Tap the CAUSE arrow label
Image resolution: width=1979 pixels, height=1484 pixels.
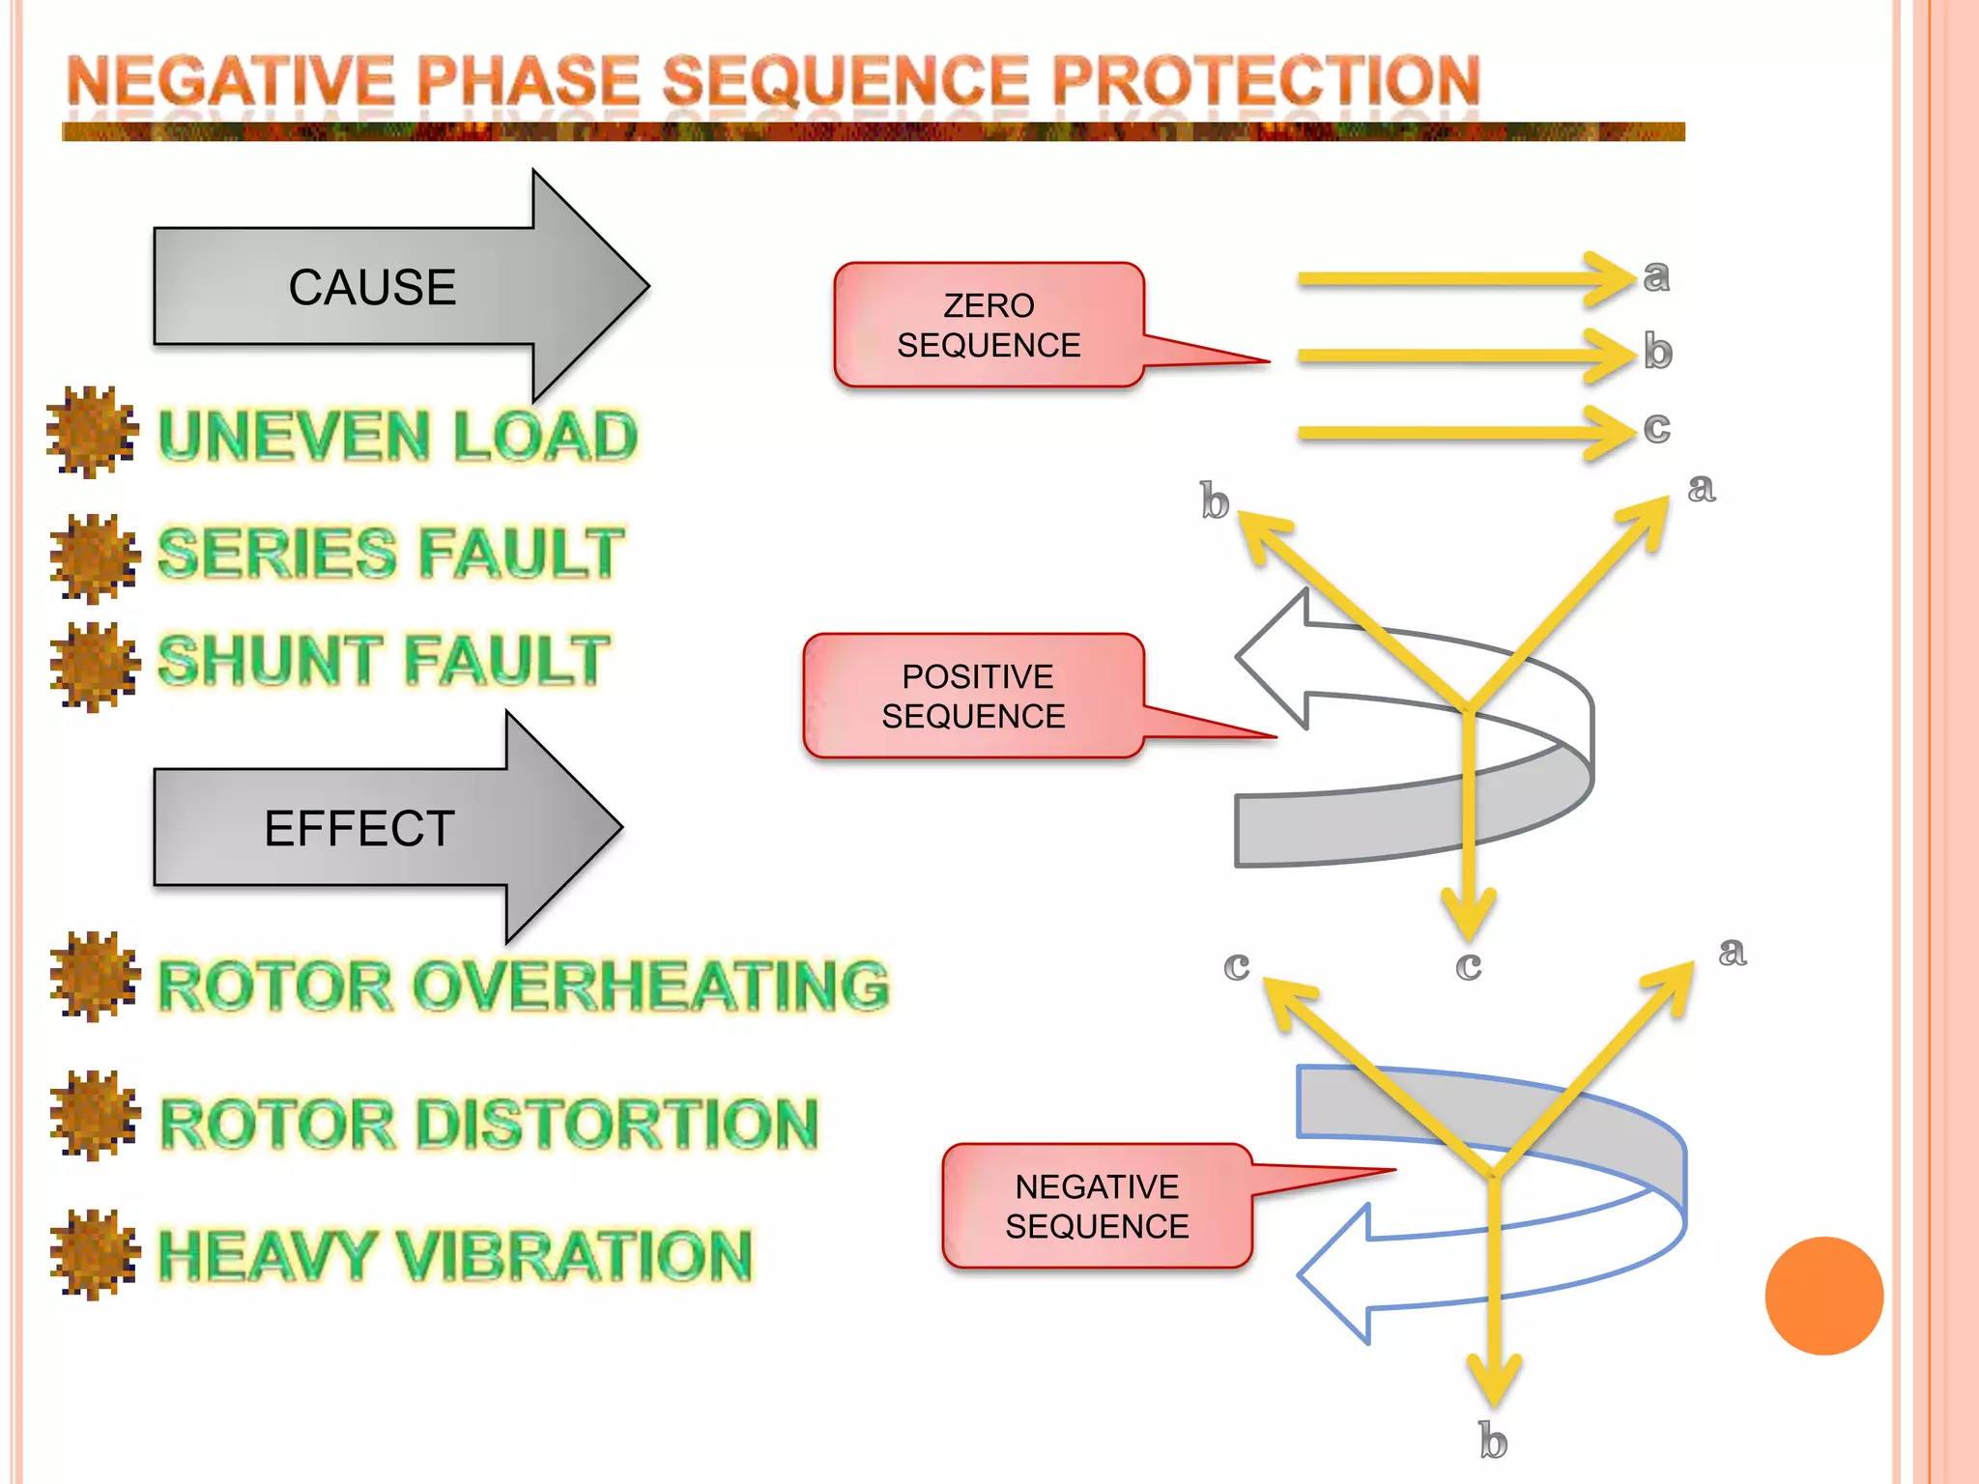[372, 287]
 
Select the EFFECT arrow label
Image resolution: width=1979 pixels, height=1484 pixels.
[359, 828]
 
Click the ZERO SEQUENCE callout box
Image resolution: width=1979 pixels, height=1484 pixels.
[989, 326]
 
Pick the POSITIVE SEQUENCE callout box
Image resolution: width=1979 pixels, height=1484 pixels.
[973, 696]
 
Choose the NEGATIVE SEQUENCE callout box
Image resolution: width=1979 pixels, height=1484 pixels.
[1097, 1206]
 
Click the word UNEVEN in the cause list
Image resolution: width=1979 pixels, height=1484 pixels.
[294, 436]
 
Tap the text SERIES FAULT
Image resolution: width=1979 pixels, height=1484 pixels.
[390, 553]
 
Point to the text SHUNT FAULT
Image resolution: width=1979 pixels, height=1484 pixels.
[384, 660]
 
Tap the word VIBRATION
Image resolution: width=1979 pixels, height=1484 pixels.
[574, 1255]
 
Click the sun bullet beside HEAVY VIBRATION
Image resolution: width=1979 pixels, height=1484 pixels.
[94, 1254]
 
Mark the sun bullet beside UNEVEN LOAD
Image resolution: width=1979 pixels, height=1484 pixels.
[92, 432]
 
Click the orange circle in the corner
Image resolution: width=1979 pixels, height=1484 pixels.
[1823, 1296]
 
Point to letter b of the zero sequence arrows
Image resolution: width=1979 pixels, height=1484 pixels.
[1657, 352]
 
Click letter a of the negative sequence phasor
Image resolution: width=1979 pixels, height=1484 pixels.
[1732, 952]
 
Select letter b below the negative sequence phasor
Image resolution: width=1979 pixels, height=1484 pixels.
[1493, 1441]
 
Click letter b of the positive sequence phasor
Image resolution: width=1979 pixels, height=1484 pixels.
[1215, 501]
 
